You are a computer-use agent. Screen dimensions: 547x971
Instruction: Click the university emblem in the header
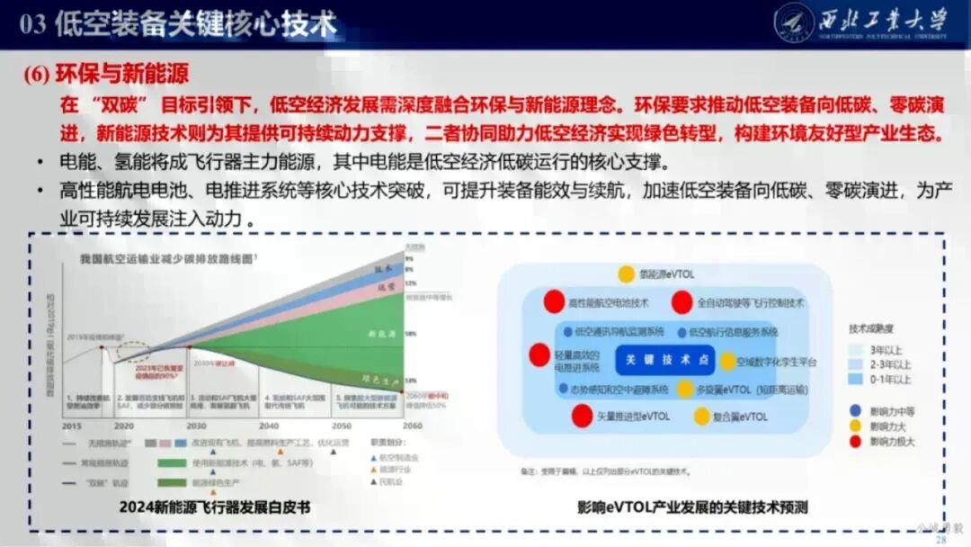[x=794, y=22]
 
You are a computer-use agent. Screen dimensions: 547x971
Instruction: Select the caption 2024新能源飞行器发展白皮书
[x=215, y=507]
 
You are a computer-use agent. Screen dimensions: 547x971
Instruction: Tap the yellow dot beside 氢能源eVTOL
[x=626, y=274]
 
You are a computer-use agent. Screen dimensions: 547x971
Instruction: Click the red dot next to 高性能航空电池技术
[x=555, y=302]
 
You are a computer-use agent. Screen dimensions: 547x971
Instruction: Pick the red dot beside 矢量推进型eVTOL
[x=583, y=417]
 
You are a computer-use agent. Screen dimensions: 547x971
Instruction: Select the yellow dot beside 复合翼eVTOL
[x=701, y=417]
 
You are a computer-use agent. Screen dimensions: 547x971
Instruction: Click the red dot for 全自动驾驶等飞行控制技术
[x=682, y=302]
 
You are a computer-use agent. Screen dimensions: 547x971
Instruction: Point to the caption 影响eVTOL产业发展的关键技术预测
[x=692, y=507]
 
